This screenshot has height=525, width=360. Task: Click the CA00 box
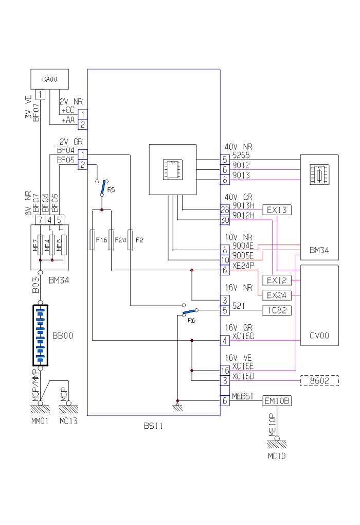point(49,79)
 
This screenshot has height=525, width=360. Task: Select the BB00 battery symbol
point(40,335)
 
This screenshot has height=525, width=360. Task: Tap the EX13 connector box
point(277,210)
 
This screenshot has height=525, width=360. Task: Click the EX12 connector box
point(277,280)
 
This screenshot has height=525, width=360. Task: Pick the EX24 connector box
point(277,295)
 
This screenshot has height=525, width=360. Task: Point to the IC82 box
point(277,310)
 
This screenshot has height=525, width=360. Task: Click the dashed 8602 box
point(319,381)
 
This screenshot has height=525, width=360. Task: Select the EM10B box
point(277,401)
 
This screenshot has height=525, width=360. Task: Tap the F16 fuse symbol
point(93,240)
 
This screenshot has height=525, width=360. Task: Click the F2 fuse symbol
point(130,240)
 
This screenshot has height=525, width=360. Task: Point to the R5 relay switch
point(103,188)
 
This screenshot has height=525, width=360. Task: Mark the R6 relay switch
point(190,313)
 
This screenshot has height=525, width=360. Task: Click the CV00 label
point(319,336)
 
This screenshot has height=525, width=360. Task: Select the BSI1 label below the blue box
point(153,426)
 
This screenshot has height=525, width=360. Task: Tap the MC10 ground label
point(277,456)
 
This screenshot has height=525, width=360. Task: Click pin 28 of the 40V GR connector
point(225,210)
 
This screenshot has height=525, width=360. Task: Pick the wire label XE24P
point(243,266)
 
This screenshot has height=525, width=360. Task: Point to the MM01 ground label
point(40,421)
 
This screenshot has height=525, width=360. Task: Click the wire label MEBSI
point(243,396)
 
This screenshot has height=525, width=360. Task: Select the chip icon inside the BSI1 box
point(173,169)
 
